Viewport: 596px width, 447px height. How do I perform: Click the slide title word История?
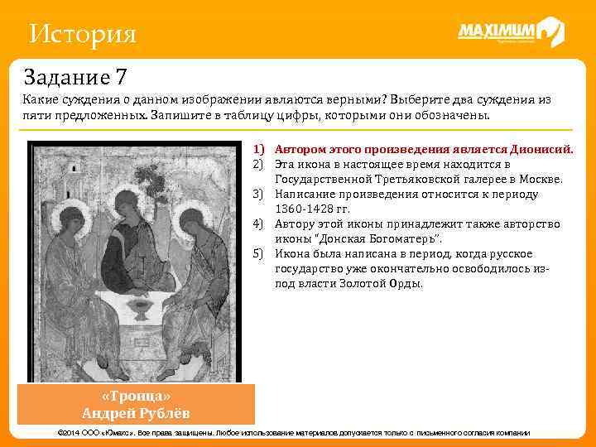point(82,34)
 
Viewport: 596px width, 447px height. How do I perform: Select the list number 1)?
point(258,150)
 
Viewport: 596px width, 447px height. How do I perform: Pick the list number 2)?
point(258,164)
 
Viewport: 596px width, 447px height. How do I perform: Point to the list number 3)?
point(258,195)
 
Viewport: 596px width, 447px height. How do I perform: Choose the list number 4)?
point(258,224)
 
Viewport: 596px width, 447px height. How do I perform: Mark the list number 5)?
point(258,254)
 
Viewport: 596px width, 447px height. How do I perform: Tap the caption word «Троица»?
point(141,396)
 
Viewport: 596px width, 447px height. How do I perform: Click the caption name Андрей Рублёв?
point(141,412)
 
